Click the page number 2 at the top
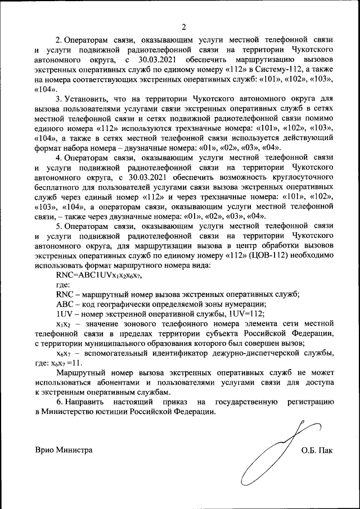tap(183, 26)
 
